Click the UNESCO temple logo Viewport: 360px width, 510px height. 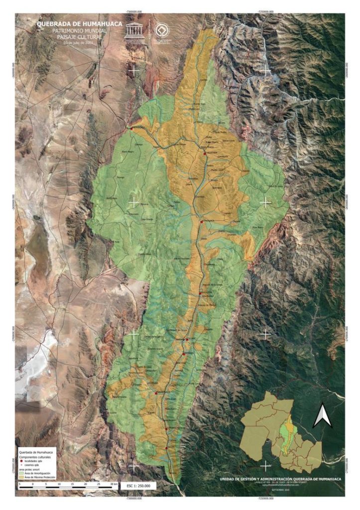tap(135, 31)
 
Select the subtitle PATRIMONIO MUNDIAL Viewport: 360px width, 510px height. tap(79, 30)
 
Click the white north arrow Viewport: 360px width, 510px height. tap(321, 416)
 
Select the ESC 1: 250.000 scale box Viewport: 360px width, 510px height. tap(139, 485)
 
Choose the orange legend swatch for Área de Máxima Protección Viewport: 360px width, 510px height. tap(21, 477)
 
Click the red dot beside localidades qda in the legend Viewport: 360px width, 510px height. tap(21, 461)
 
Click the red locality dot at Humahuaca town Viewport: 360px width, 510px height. tap(201, 221)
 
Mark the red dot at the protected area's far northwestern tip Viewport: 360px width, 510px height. tap(132, 127)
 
